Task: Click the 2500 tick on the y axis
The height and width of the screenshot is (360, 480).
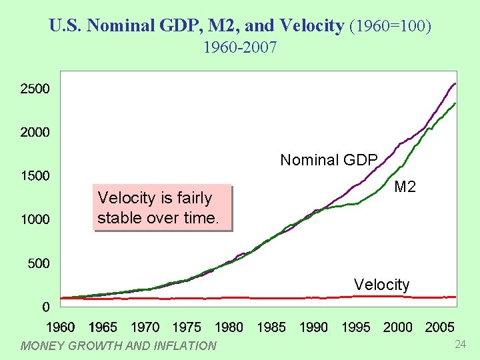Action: click(35, 89)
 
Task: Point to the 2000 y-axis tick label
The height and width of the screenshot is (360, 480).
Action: click(35, 132)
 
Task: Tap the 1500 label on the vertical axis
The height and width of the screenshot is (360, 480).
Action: click(35, 176)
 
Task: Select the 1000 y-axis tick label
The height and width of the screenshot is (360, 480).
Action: click(35, 219)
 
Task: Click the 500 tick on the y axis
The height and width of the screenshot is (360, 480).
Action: click(38, 263)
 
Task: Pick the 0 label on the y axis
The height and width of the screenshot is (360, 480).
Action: click(45, 307)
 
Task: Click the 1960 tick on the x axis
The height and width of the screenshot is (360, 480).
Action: click(61, 327)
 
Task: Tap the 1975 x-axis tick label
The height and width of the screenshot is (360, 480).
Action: click(187, 327)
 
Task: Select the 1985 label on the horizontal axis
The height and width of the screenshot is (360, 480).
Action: click(271, 327)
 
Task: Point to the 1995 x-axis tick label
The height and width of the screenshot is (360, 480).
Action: click(356, 327)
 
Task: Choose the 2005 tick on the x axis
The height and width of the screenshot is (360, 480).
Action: click(440, 327)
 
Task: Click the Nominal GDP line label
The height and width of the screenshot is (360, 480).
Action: click(329, 160)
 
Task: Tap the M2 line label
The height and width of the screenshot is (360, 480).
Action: click(405, 187)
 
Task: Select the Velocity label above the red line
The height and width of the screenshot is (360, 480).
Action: click(381, 285)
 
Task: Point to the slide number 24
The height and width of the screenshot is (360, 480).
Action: click(459, 344)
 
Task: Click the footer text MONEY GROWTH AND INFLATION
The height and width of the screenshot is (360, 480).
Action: click(119, 345)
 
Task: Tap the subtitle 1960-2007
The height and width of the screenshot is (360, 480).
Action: click(240, 47)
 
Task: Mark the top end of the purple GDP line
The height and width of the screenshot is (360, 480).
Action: click(455, 83)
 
